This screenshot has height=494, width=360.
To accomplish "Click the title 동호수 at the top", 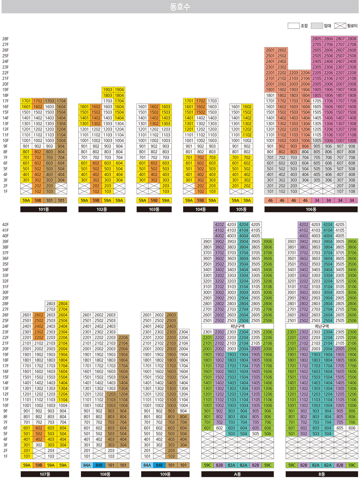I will coord(180,7).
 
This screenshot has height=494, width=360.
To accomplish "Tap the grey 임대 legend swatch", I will coord(317,26).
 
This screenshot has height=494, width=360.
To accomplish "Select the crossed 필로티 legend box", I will coord(340,26).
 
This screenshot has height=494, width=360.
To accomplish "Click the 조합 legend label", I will coord(304,26).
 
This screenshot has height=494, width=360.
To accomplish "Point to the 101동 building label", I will coord(43,210).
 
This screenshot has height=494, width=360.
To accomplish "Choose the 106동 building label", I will coord(311,210).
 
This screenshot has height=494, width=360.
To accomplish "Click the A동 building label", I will coord(237,474).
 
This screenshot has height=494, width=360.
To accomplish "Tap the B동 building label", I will coord(322,474).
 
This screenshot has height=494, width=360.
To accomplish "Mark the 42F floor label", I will coord(6,224).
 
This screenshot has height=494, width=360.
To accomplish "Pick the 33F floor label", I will coord(6,275).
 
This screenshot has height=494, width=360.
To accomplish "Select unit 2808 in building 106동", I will coord(352,39).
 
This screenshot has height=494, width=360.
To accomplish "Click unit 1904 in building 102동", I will coord(119,90).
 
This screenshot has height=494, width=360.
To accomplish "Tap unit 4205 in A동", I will coord(256,224).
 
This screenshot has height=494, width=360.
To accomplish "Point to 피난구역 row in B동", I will coord(322,326).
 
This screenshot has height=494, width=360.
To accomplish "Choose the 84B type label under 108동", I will coord(99,465).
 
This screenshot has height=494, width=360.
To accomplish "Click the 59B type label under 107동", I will coord(39,465).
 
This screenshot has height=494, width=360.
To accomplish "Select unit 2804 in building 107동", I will coord(63,304).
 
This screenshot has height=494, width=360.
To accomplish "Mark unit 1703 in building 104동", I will coord(212,101).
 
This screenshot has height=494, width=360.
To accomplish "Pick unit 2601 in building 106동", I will coord(270,50).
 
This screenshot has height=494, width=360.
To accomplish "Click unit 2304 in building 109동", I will coord(183,332).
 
